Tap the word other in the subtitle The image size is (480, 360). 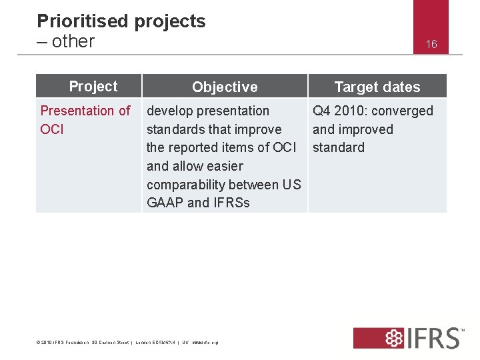(73, 41)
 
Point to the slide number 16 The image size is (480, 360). (431, 44)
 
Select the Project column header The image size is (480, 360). (93, 86)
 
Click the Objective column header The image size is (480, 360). (225, 87)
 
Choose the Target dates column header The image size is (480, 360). (377, 87)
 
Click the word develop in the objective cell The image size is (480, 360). (170, 111)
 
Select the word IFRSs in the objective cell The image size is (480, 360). (231, 203)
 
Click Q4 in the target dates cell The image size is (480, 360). (321, 111)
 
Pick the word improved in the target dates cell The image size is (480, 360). (365, 129)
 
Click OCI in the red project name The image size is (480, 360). (52, 129)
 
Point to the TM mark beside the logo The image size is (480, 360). (463, 329)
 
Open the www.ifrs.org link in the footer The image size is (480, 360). (205, 343)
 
